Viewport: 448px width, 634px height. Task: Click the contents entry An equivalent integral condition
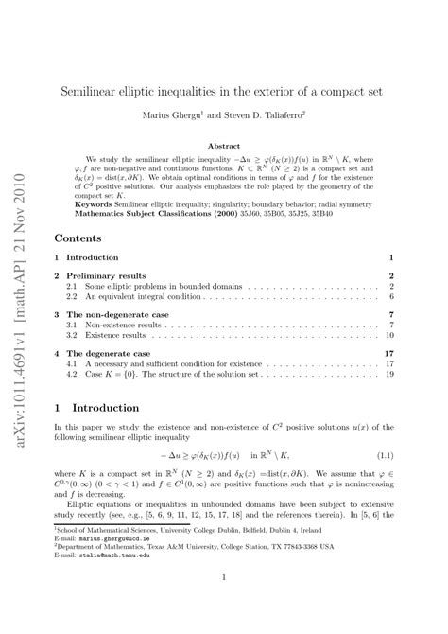(x=134, y=296)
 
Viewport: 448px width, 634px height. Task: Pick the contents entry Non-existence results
(x=117, y=325)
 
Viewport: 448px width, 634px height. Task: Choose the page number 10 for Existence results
(x=388, y=335)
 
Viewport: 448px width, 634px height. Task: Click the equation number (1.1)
(x=383, y=456)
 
